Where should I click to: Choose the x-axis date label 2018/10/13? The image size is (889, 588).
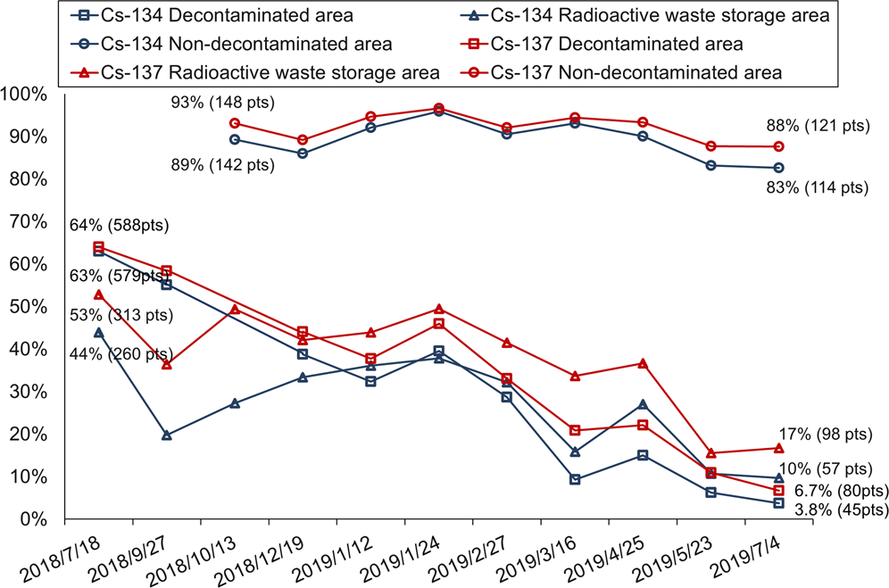point(196,557)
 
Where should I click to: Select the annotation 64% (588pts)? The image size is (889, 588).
point(119,226)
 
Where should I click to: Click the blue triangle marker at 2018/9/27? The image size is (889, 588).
point(167,435)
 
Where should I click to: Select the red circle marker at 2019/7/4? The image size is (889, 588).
point(778,146)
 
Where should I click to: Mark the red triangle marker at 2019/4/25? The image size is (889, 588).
point(643,363)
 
